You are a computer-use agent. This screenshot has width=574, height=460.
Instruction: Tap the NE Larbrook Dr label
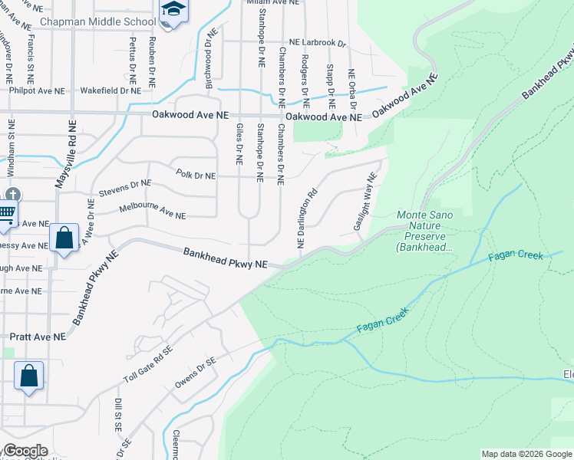318,44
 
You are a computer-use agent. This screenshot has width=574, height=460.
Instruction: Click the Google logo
25,451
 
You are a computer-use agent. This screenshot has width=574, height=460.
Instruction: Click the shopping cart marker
5,212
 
